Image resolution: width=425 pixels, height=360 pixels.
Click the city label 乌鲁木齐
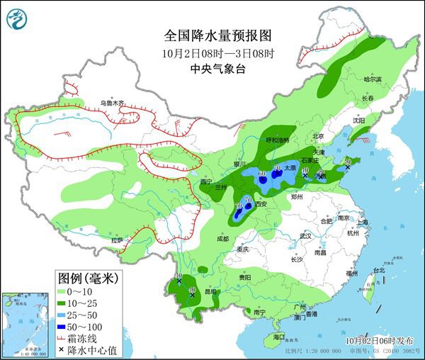point(111,103)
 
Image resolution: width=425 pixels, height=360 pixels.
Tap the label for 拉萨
point(116,242)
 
